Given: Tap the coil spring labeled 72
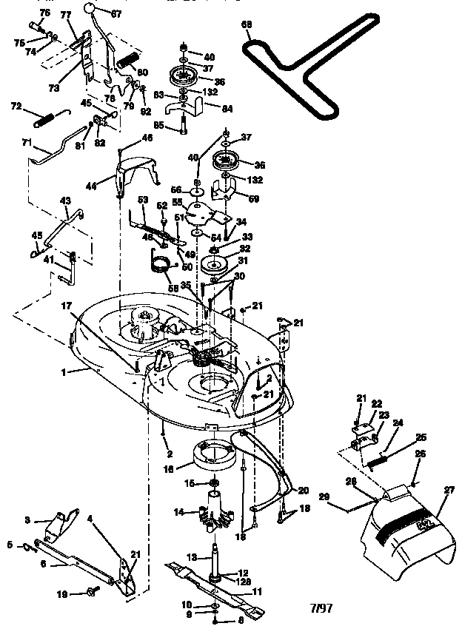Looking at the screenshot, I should [47, 115].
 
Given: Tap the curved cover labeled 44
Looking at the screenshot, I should [137, 172].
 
